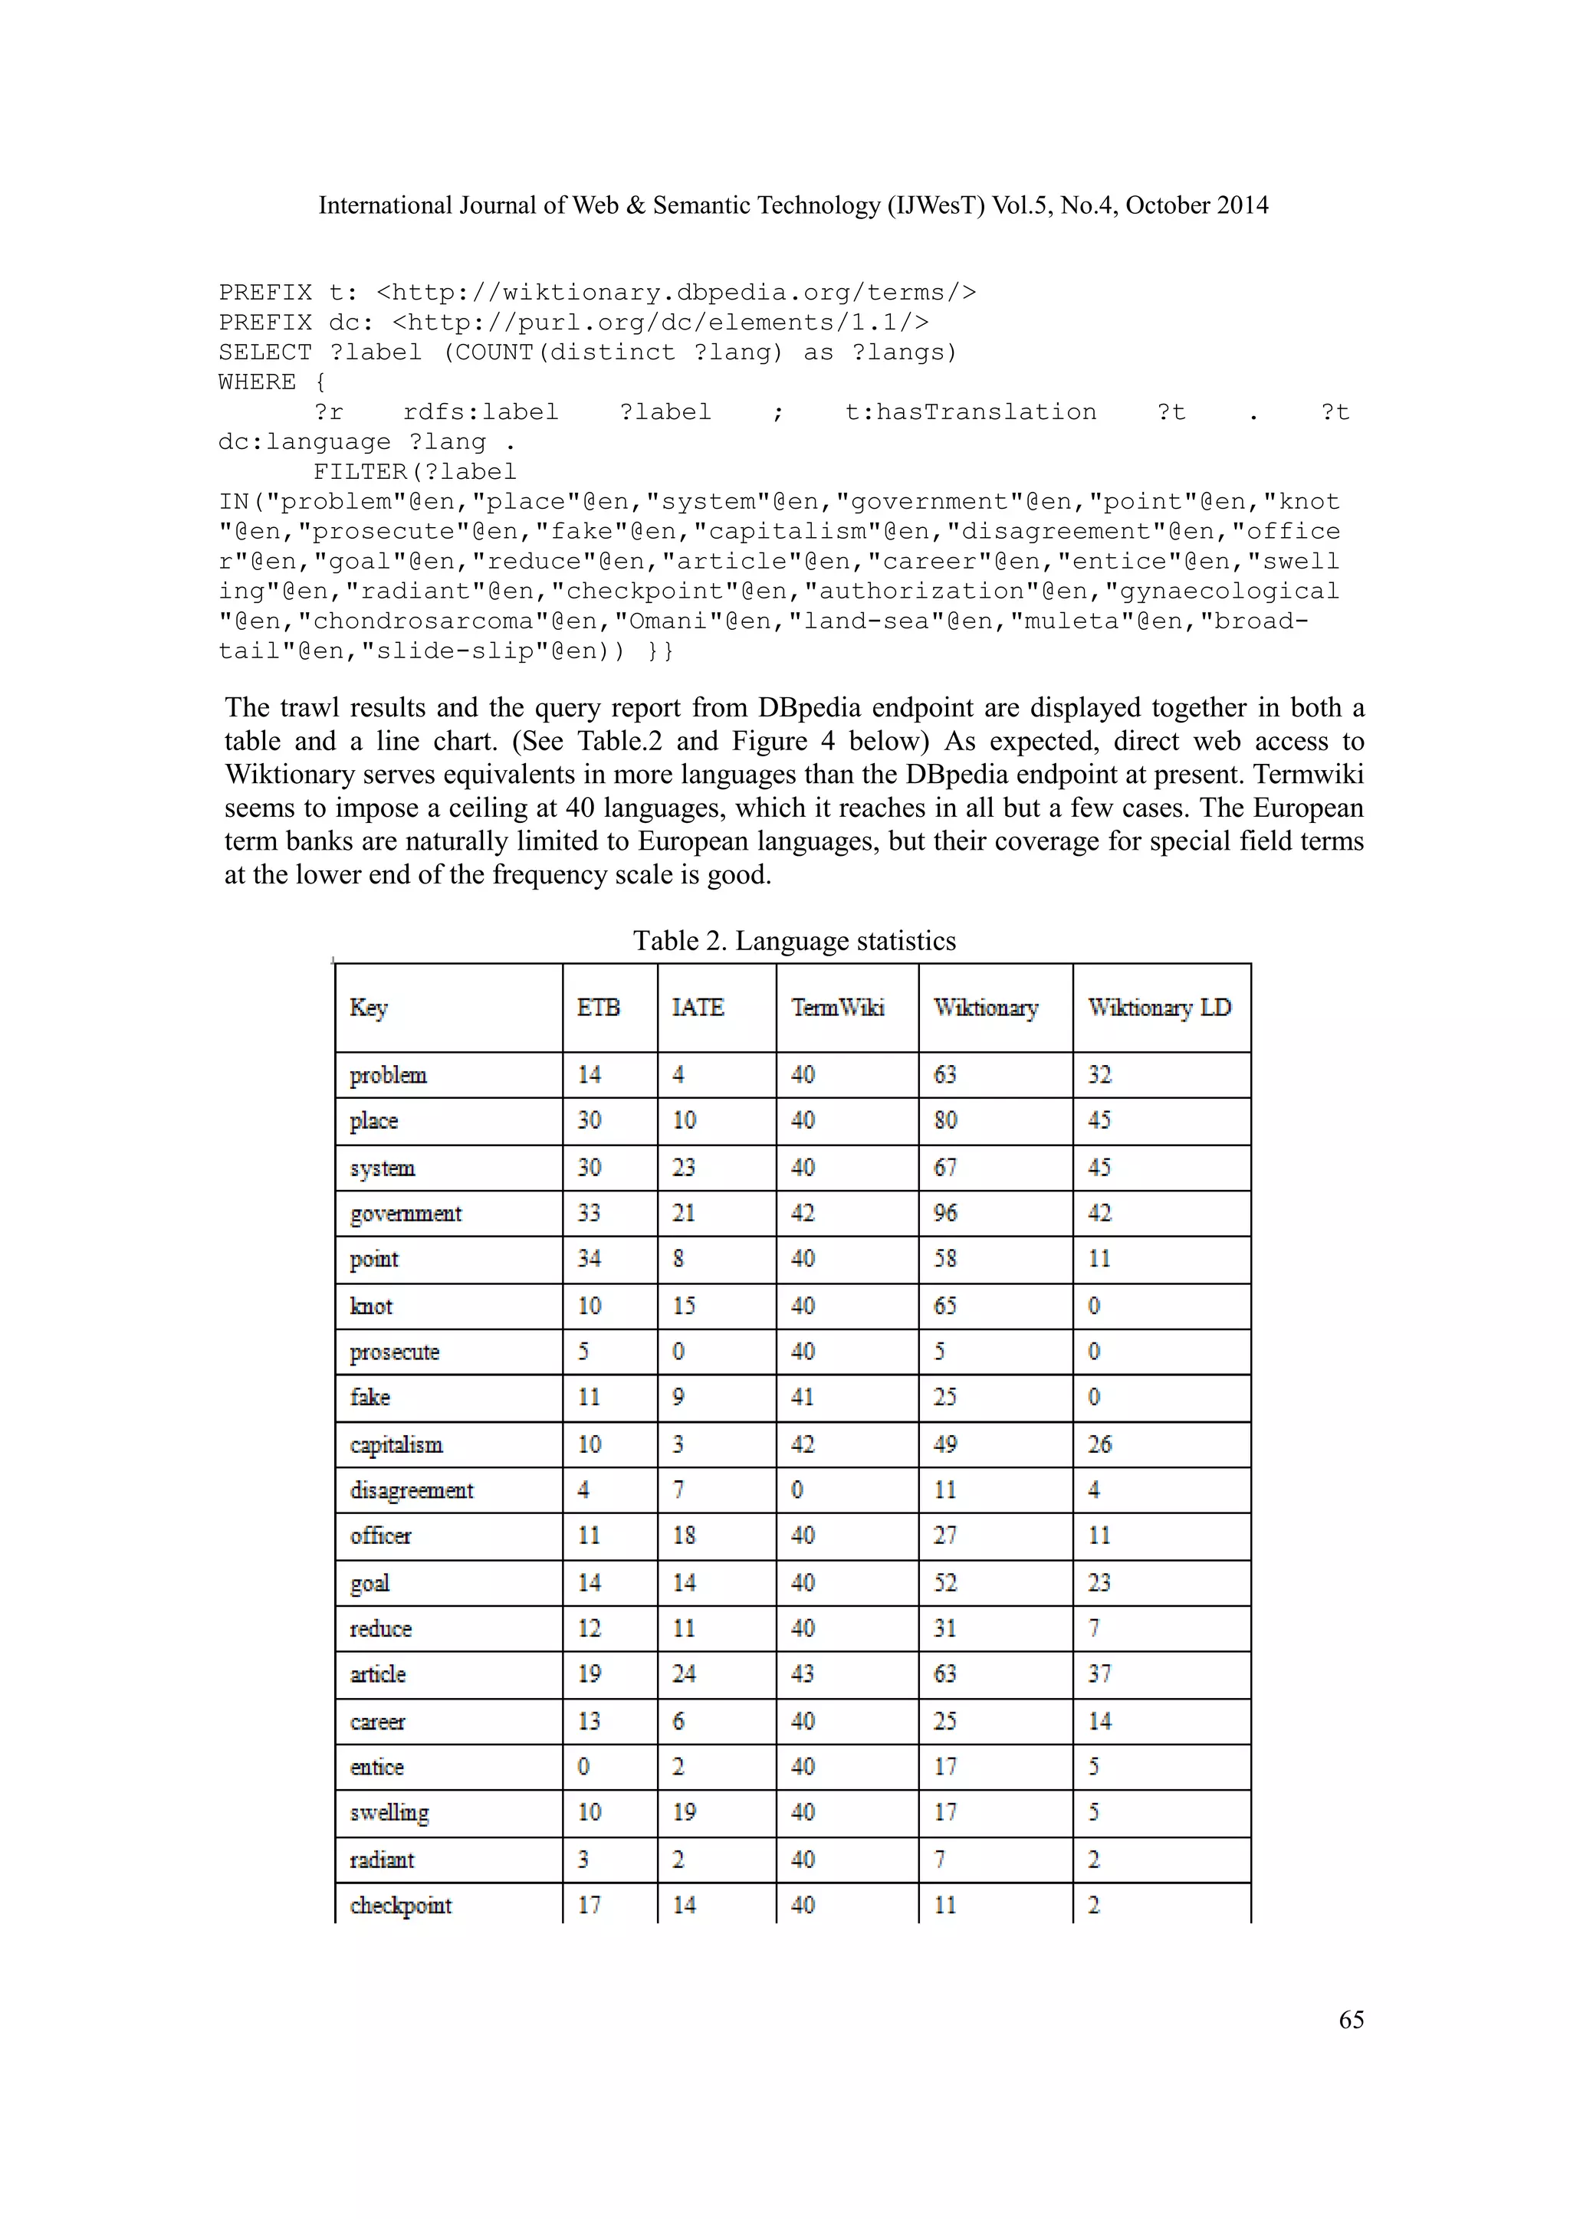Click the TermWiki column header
coord(837,1008)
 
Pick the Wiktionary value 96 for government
coord(944,1213)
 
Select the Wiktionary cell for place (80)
coord(944,1120)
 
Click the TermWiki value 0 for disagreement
coord(796,1490)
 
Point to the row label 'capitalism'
coord(396,1445)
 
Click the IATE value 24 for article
coord(684,1674)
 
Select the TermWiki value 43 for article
coord(803,1674)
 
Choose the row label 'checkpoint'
coord(400,1905)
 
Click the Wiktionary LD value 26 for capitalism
coord(1099,1445)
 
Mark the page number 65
coord(1351,2020)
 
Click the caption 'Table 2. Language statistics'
coord(793,942)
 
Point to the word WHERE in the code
coord(257,382)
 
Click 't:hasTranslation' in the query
coord(970,413)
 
